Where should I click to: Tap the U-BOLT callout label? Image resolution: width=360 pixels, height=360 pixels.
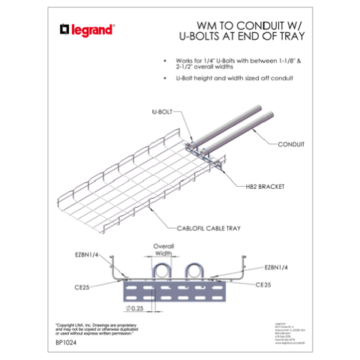coord(161,111)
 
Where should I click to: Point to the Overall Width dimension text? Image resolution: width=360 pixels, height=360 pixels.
coord(163,249)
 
